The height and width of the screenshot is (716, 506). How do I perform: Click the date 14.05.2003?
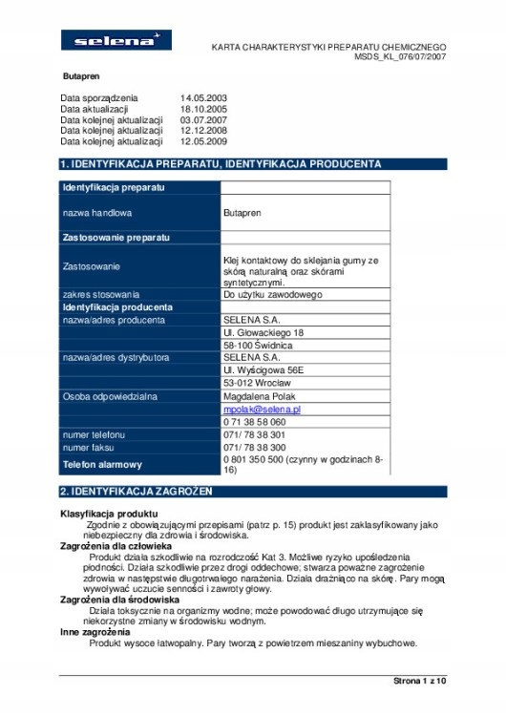[202, 98]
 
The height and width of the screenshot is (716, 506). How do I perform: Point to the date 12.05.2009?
[202, 141]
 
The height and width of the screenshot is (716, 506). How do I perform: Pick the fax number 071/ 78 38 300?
[254, 447]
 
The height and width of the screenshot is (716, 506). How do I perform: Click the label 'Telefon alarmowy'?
[102, 465]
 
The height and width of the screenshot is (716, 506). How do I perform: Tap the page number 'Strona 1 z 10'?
[419, 681]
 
